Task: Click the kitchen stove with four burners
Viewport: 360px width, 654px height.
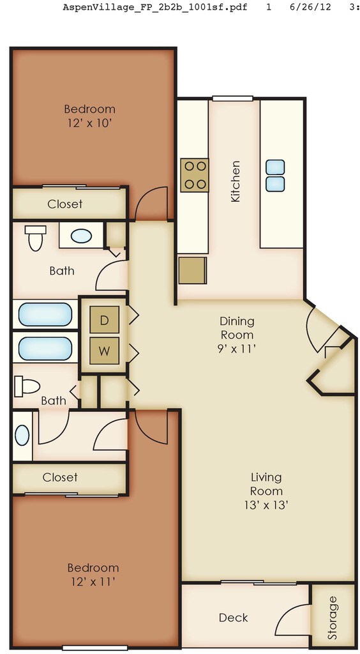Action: click(195, 175)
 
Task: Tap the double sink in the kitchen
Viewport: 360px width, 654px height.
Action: click(275, 176)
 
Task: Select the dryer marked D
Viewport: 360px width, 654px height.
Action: click(105, 321)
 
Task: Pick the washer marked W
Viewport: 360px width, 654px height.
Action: click(105, 351)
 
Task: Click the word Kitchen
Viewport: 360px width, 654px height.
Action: click(236, 181)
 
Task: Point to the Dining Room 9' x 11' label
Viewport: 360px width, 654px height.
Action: click(237, 335)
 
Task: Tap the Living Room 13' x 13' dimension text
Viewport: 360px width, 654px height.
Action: click(267, 505)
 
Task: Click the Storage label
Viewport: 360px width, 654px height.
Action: click(332, 618)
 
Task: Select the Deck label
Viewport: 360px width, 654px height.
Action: click(234, 618)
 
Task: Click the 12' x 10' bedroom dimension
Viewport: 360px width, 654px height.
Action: click(89, 123)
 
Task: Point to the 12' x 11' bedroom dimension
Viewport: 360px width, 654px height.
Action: click(93, 581)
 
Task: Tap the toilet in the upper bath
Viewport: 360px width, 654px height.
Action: click(35, 238)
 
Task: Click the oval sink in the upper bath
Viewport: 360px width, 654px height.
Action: click(81, 236)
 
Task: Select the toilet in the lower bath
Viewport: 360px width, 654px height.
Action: click(27, 386)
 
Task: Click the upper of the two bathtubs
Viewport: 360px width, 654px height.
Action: click(45, 314)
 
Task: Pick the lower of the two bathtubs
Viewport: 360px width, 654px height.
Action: click(45, 348)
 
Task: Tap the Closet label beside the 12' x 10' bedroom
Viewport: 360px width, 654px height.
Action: click(64, 204)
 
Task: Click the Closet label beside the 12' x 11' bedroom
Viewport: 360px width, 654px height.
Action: click(60, 476)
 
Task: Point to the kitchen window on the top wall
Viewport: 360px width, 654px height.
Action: click(232, 98)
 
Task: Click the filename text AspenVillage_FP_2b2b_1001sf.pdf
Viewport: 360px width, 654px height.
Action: click(154, 7)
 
